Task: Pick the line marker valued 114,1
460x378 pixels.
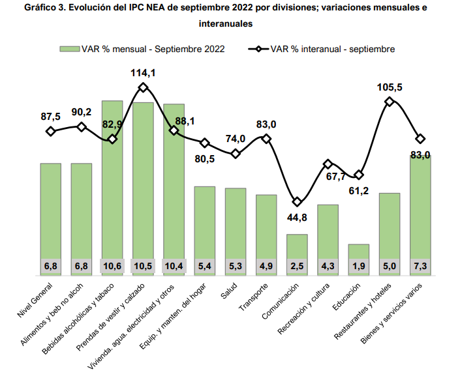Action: pos(144,87)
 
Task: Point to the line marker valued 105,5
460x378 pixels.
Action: pos(390,101)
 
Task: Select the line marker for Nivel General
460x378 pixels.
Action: pos(51,132)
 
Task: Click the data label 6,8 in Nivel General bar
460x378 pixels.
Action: pos(51,266)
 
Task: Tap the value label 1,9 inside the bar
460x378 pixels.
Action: pos(359,266)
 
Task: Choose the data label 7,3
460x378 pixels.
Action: pos(421,266)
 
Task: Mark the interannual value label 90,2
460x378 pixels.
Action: pos(82,112)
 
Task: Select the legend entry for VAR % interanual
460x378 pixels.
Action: pos(332,48)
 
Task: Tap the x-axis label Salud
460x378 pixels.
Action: pos(229,289)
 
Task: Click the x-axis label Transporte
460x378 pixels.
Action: pos(254,295)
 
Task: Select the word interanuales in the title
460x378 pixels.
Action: pos(225,22)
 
